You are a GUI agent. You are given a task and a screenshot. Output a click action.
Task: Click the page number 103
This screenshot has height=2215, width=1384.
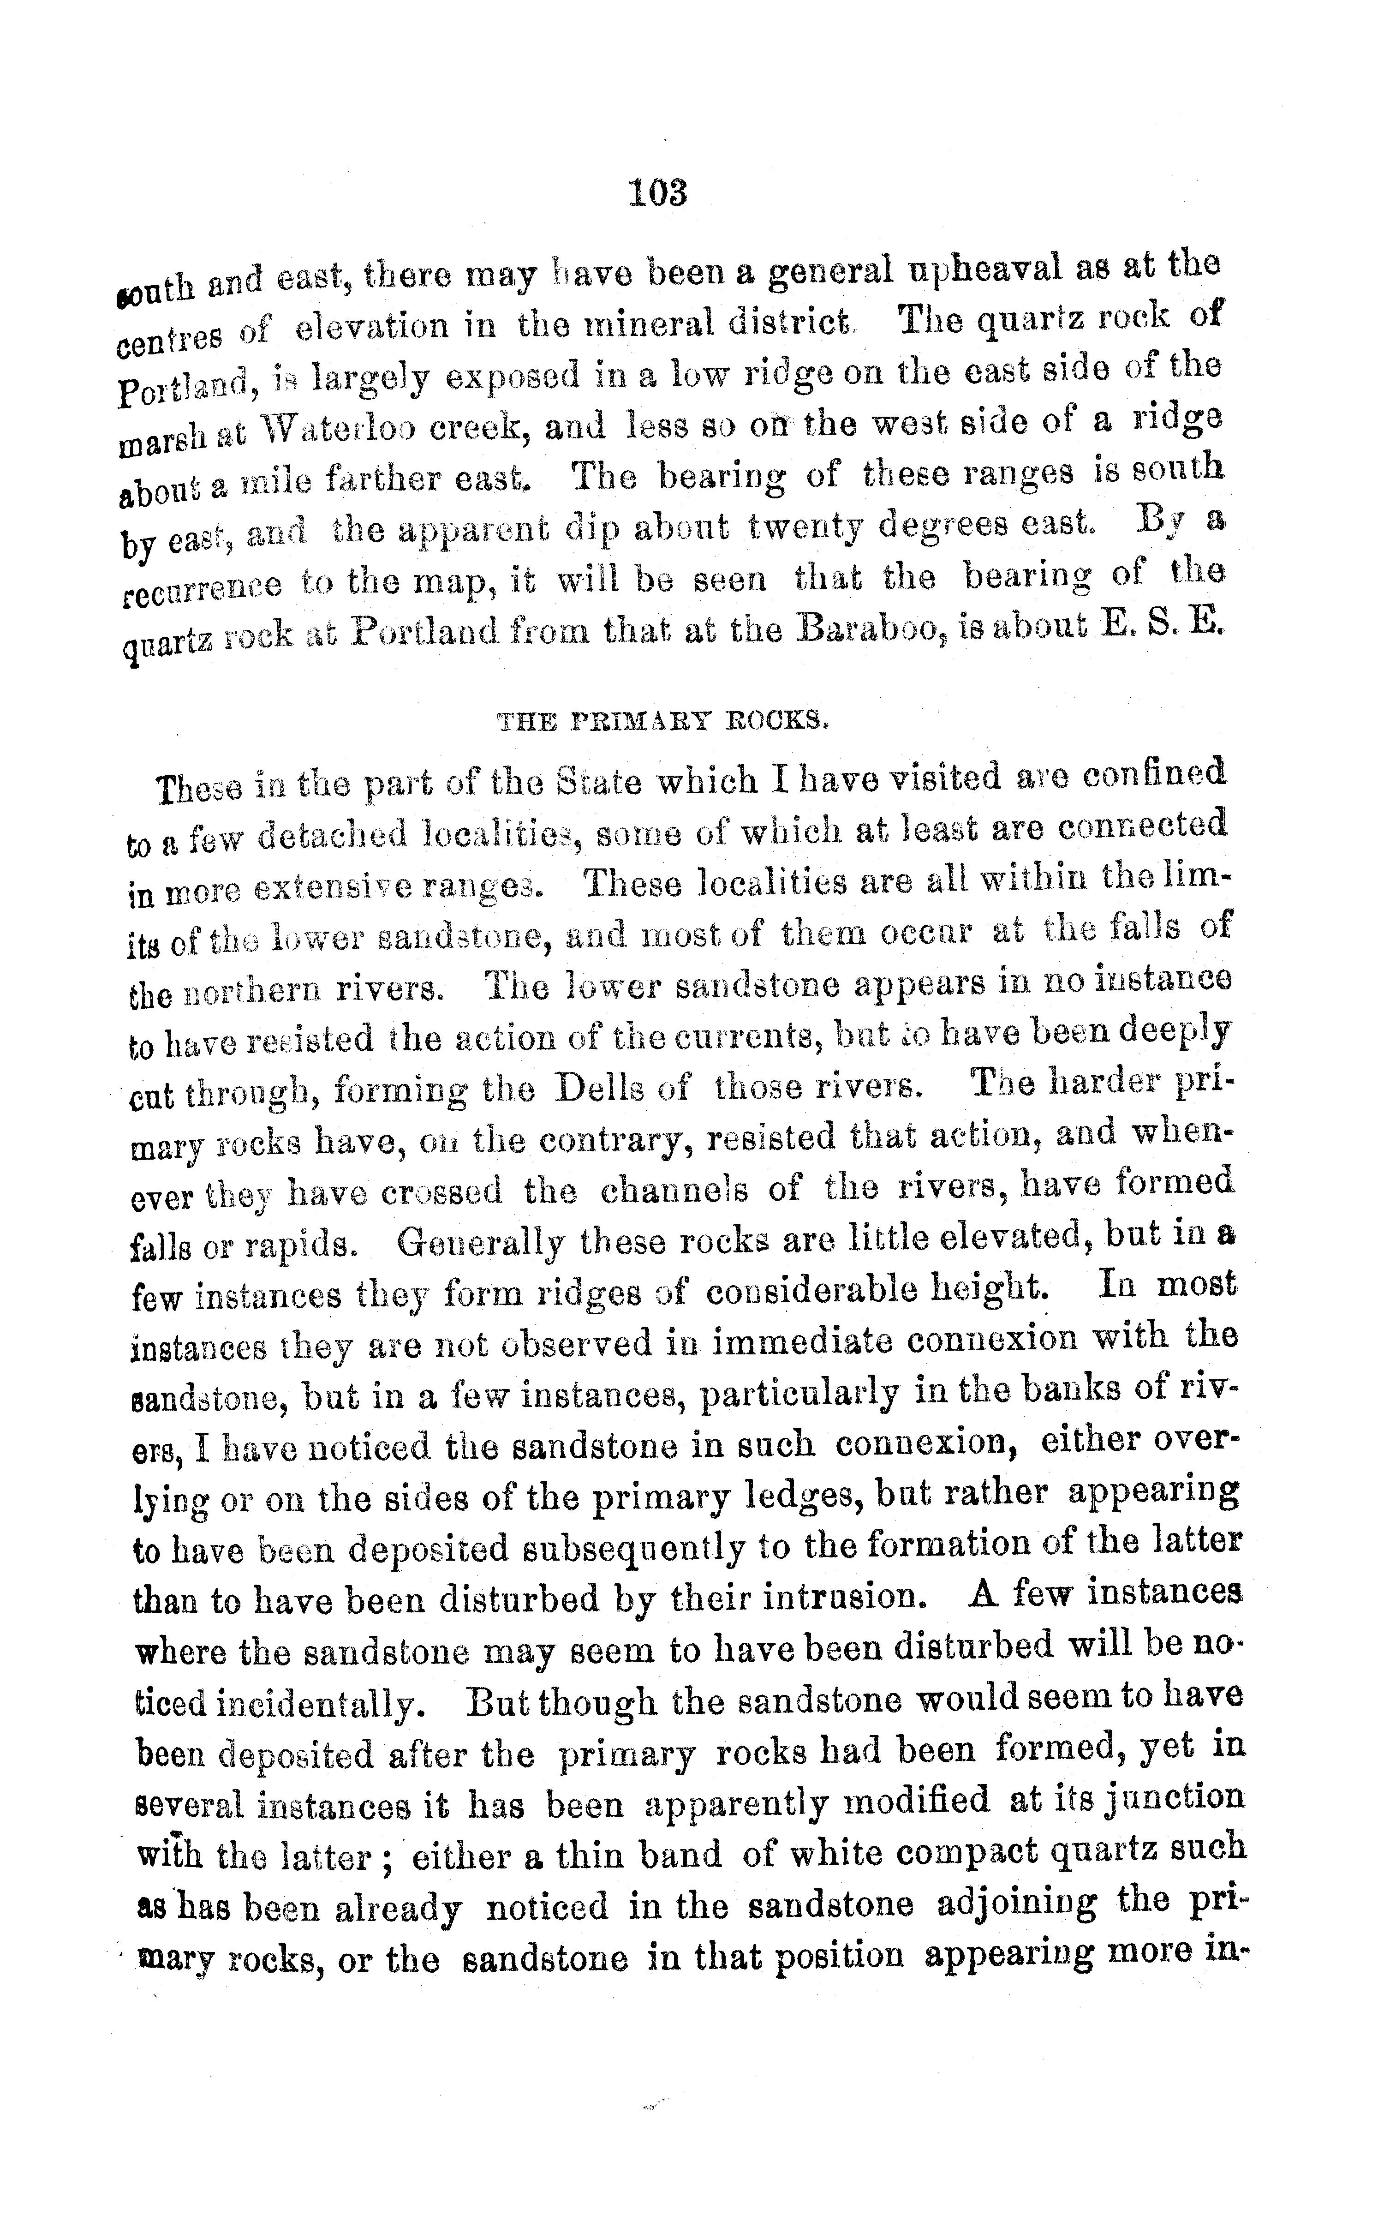point(657,193)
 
